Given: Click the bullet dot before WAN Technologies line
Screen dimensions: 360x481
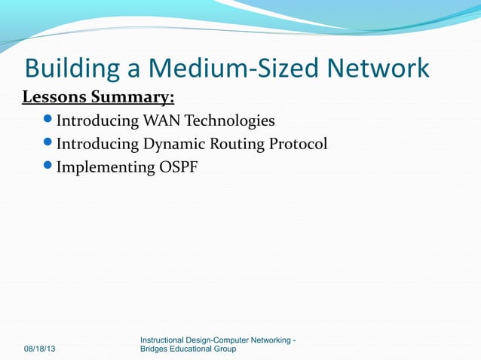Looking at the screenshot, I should point(49,121).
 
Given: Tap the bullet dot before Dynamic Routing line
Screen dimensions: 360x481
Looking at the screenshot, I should point(49,144).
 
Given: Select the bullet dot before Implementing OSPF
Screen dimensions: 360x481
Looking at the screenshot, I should point(49,167).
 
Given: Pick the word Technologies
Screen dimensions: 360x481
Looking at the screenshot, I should point(230,121).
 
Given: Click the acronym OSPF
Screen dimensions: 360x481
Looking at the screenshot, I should point(178,167).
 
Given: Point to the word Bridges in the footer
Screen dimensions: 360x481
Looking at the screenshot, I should point(157,349).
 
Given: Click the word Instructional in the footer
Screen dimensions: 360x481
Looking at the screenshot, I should point(166,340).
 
